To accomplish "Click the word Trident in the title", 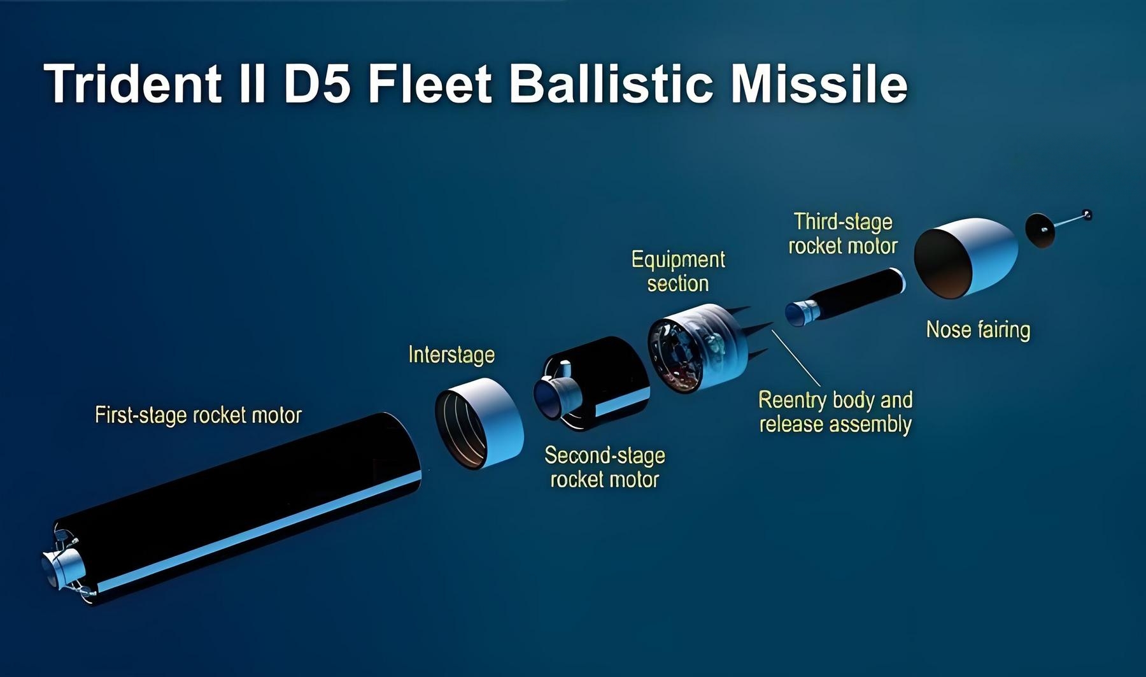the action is [x=133, y=84].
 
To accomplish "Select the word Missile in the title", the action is [x=819, y=84].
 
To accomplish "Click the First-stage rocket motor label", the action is [x=198, y=415].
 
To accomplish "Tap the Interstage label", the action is [x=451, y=355].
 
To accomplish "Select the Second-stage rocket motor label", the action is [x=605, y=467].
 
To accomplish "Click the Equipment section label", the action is [x=678, y=271].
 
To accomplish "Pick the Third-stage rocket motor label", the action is [x=843, y=234].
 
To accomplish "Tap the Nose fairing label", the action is [x=978, y=330].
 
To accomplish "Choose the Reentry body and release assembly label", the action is [x=835, y=412].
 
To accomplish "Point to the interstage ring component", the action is [x=479, y=424].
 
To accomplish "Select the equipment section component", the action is [x=698, y=348].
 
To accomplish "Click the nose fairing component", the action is [x=965, y=257].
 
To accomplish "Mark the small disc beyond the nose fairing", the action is [x=1040, y=231].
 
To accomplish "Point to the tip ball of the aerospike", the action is [x=1087, y=215].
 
